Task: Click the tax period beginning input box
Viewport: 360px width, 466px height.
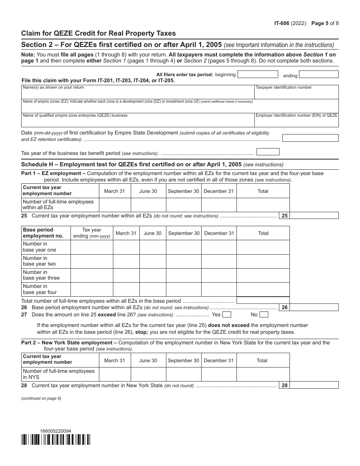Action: (257, 74)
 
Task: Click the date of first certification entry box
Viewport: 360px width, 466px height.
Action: (310, 138)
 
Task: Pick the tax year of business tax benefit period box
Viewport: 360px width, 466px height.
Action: (268, 152)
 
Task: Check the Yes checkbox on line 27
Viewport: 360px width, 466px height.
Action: (227, 314)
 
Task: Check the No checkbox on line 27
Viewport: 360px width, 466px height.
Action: (264, 314)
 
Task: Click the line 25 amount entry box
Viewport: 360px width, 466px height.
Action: (314, 216)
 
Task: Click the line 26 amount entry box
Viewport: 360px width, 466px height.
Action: (314, 308)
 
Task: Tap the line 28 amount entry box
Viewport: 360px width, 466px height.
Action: (314, 385)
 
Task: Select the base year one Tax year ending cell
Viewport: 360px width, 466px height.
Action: (92, 247)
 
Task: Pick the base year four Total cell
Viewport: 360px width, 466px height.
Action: (263, 289)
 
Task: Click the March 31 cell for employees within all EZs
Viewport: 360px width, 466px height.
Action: (114, 205)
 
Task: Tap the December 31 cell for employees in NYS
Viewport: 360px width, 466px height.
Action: (219, 374)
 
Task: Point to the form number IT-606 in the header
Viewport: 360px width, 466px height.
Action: (282, 23)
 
